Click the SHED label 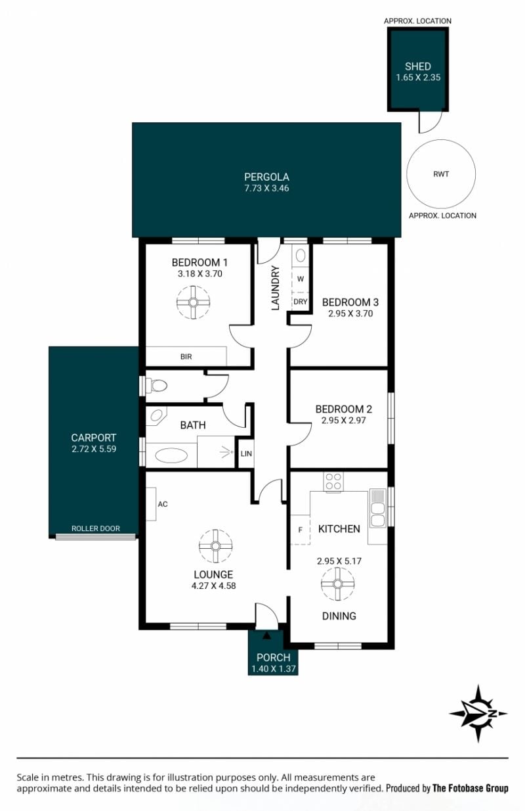pos(417,66)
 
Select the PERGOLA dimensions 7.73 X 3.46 pos(266,188)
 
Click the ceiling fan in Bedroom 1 pos(194,302)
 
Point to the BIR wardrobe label pos(186,357)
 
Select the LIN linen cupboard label pos(246,453)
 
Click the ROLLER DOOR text pos(95,528)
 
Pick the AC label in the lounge pos(163,504)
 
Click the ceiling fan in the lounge pos(215,546)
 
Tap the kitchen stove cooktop pos(333,482)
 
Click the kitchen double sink pos(378,508)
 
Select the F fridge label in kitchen pos(300,530)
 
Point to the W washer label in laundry pos(301,279)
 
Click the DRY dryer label pos(301,301)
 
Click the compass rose pos(478,713)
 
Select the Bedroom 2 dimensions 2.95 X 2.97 pos(343,421)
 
